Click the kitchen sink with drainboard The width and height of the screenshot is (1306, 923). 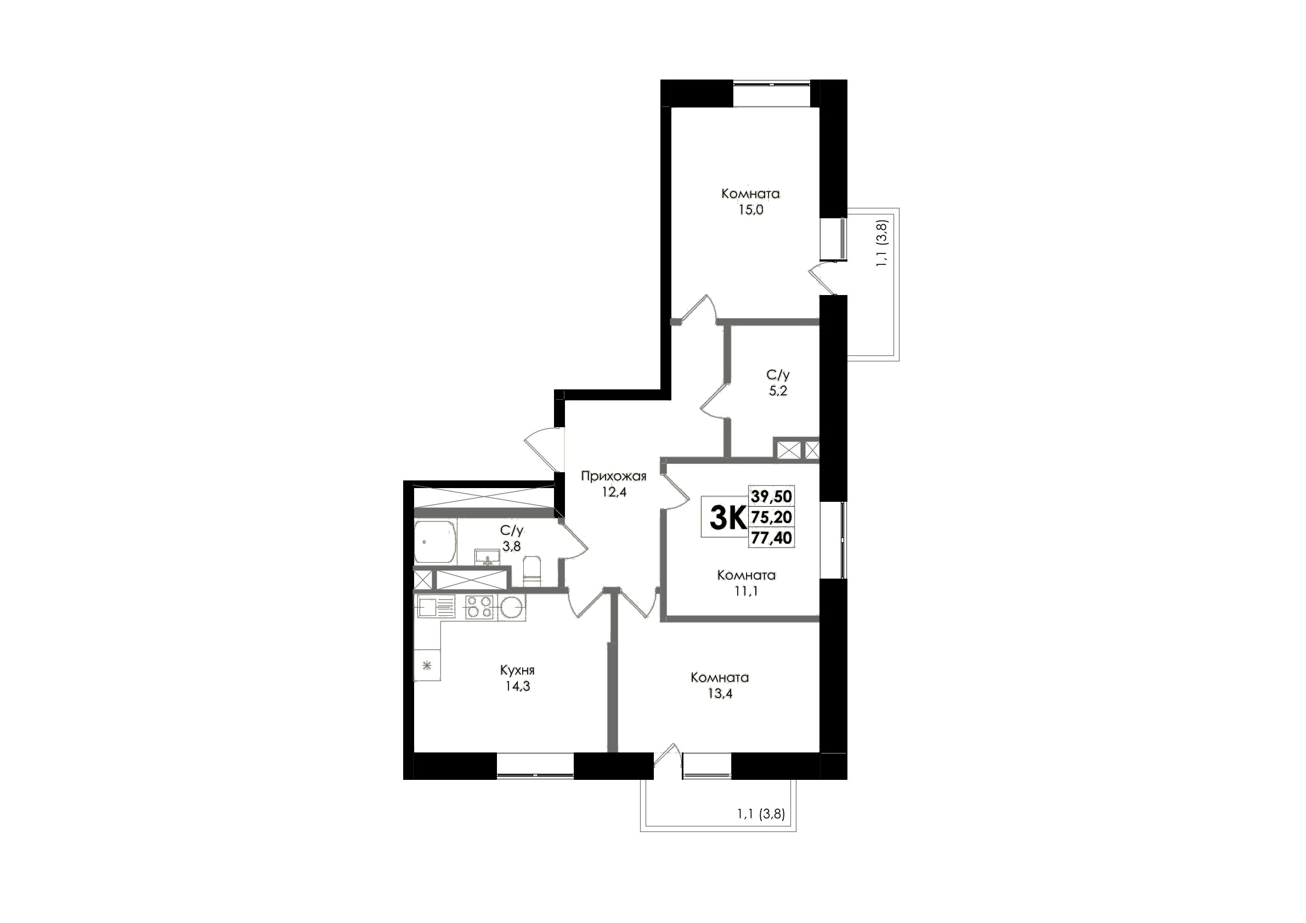(x=436, y=607)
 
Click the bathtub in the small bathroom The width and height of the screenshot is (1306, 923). (x=435, y=542)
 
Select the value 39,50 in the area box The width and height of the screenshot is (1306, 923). (x=771, y=496)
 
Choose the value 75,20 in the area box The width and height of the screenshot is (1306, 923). (x=771, y=517)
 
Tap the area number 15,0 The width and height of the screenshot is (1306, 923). (x=751, y=210)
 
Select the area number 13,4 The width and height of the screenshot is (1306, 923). (x=720, y=694)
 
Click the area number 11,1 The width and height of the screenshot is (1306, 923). (x=747, y=591)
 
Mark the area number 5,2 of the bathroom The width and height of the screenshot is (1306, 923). (x=778, y=391)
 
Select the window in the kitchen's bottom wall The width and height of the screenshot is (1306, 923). (x=535, y=766)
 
